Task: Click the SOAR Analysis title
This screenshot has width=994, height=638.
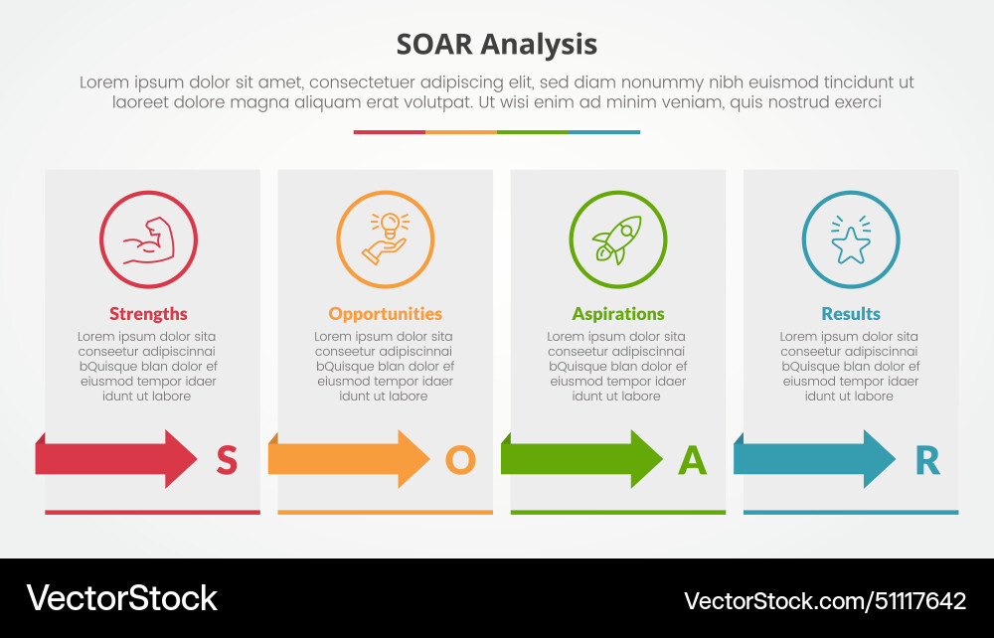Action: click(x=497, y=45)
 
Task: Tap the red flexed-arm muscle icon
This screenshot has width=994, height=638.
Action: click(x=148, y=240)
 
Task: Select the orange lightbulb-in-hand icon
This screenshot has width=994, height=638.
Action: click(x=386, y=240)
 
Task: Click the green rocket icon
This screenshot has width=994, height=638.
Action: click(x=618, y=240)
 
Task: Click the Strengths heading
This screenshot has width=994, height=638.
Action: click(x=148, y=314)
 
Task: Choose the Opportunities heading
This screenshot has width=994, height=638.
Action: click(x=386, y=314)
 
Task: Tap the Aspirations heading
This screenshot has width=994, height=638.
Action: click(x=618, y=314)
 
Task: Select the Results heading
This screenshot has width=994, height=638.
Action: click(x=851, y=314)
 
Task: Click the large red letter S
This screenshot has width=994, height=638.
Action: click(x=227, y=460)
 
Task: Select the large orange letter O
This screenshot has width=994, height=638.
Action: click(x=460, y=460)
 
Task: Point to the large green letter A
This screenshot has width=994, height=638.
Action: click(x=692, y=460)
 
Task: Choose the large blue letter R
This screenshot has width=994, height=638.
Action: click(x=926, y=460)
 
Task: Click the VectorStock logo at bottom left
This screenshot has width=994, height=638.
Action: click(x=121, y=598)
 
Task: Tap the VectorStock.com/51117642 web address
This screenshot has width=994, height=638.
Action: click(x=824, y=600)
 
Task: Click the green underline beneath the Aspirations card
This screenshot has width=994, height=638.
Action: click(x=618, y=512)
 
